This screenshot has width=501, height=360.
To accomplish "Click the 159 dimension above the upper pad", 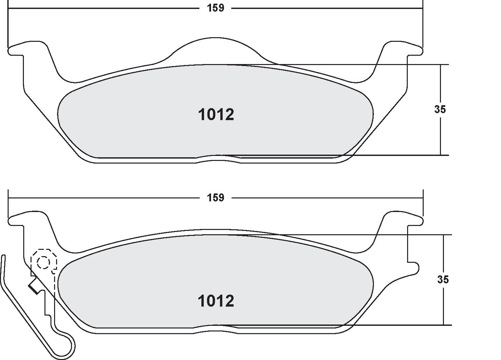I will [216, 8].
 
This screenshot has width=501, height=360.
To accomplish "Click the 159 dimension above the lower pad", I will [216, 198].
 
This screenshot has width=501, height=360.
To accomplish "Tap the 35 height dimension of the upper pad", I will [440, 109].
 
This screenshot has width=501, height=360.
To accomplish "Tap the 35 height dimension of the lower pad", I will [443, 280].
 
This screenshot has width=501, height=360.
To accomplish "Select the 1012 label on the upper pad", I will [216, 115].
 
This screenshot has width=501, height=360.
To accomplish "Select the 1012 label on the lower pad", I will [216, 301].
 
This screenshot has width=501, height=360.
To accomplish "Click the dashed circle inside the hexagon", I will [43, 263].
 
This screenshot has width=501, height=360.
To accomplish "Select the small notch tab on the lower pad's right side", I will [414, 267].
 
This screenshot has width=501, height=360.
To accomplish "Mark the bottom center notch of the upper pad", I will [217, 159].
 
